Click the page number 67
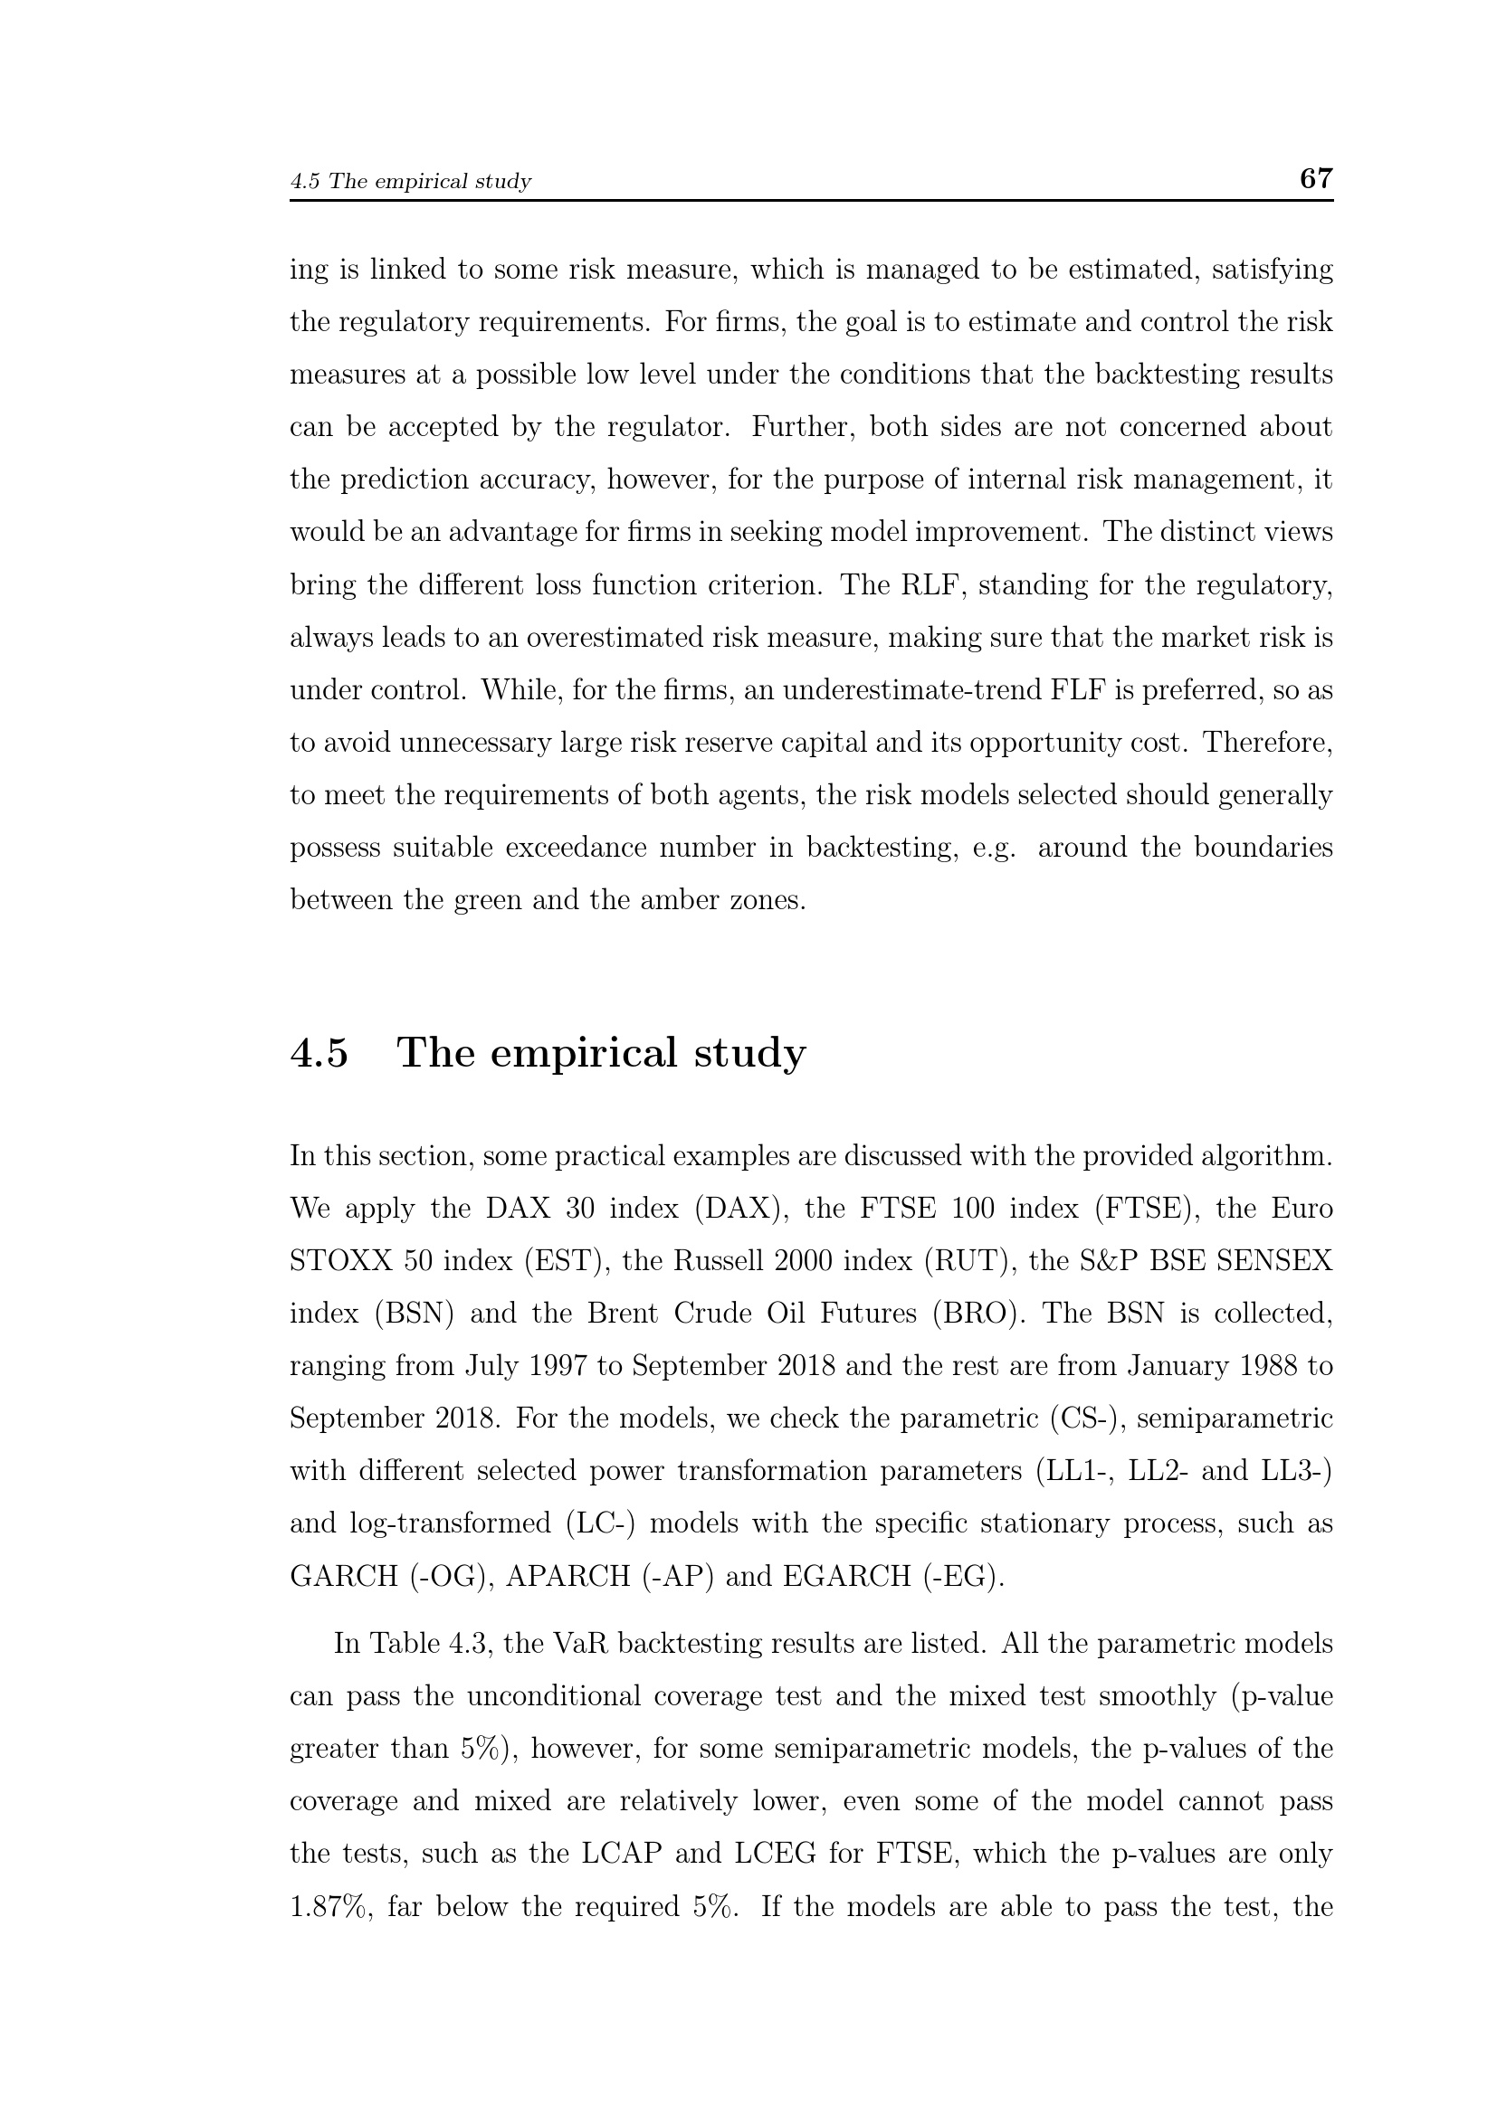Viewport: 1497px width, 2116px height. pyautogui.click(x=1315, y=178)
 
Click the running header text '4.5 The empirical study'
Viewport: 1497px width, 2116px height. pyautogui.click(x=410, y=181)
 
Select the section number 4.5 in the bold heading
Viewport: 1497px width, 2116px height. pyautogui.click(x=319, y=1052)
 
